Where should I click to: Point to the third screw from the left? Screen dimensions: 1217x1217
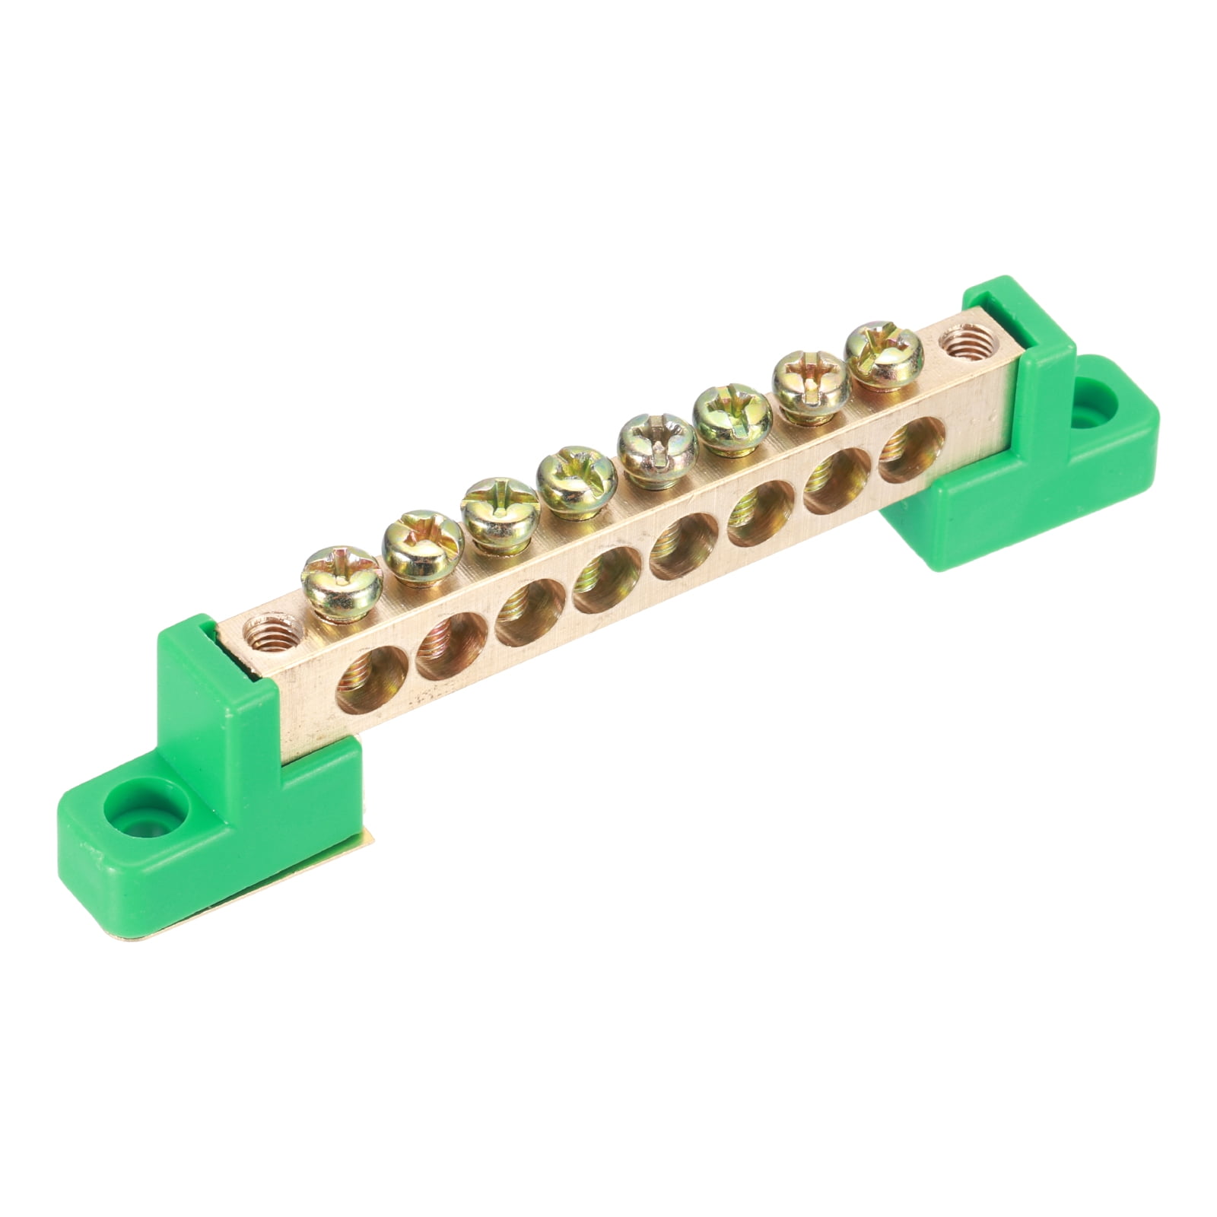(494, 506)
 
